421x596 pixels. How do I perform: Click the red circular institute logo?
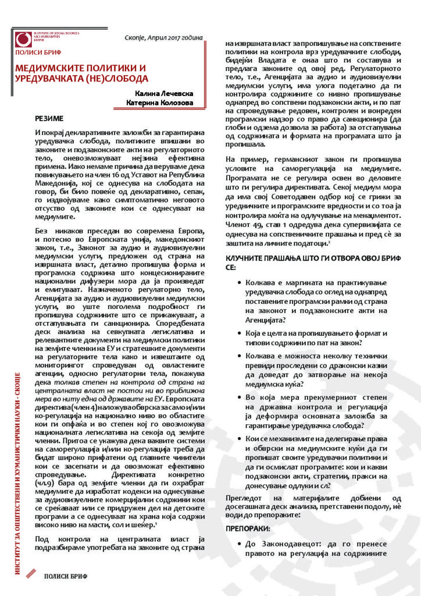24,39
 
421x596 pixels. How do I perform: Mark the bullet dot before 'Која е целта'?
240,332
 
